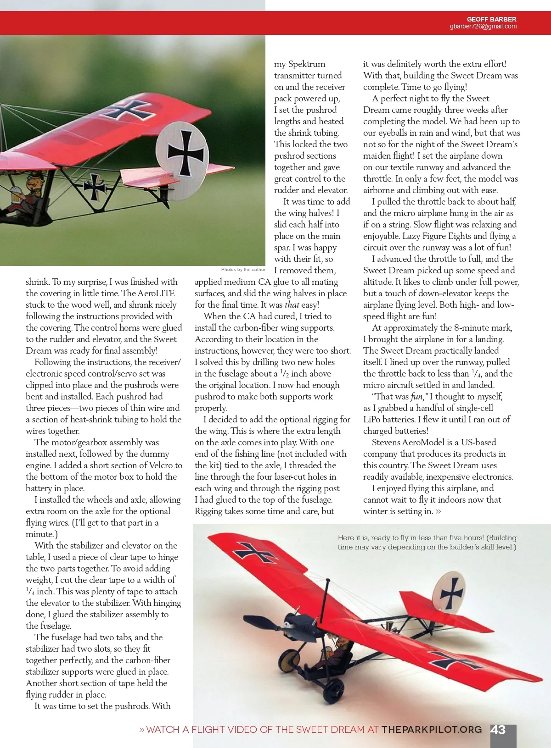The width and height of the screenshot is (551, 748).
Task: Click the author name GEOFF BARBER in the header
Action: tap(491, 19)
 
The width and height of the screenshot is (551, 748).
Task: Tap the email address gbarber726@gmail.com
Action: tap(483, 27)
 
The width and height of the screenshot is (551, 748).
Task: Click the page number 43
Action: tap(498, 730)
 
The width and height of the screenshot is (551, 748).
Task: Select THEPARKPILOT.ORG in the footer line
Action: tap(432, 730)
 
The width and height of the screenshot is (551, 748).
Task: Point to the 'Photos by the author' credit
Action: tap(243, 270)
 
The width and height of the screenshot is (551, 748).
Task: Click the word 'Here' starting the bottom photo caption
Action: tap(346, 537)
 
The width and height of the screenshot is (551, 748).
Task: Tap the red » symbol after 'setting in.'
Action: tap(438, 511)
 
